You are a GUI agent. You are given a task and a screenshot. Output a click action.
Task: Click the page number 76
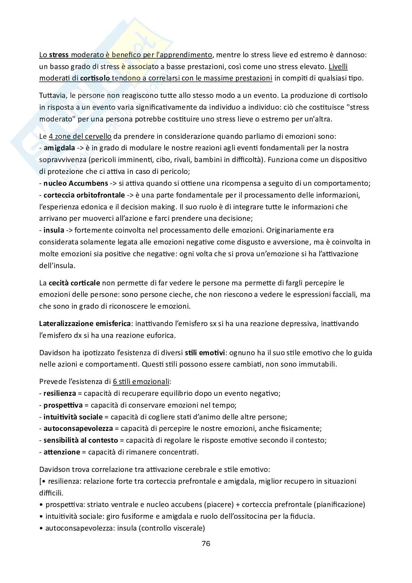(x=206, y=543)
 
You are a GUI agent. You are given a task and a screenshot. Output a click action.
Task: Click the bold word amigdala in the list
(x=59, y=148)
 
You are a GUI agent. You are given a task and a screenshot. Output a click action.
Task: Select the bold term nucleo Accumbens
(x=76, y=183)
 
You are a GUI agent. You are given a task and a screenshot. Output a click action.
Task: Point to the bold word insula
(x=54, y=230)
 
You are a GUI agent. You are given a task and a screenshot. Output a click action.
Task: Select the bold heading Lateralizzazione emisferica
(x=85, y=323)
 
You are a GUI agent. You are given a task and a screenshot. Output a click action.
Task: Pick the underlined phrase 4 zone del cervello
(x=80, y=136)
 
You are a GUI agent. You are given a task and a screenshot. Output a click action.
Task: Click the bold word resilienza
(x=60, y=393)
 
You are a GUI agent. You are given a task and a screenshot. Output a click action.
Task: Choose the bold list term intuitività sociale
(x=73, y=417)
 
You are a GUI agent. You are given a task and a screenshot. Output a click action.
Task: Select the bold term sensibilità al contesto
(x=80, y=440)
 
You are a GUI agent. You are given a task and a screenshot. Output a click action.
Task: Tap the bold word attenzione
(x=62, y=452)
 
